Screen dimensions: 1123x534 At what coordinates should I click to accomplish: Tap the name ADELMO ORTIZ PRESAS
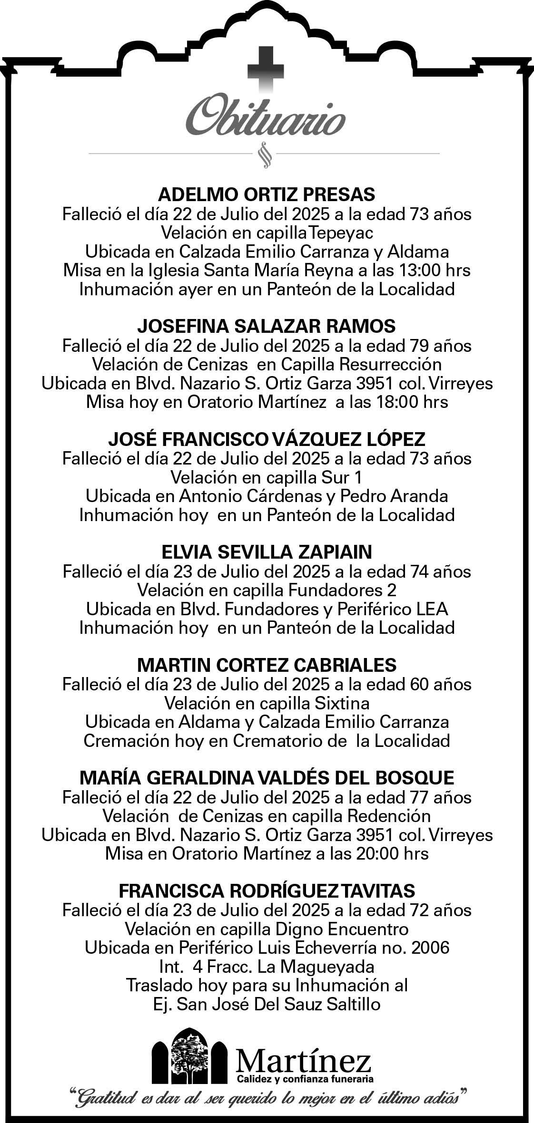[267, 194]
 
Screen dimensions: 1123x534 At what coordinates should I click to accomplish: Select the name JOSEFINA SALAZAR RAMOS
[267, 326]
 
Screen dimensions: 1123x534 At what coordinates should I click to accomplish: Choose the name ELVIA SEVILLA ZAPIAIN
[267, 552]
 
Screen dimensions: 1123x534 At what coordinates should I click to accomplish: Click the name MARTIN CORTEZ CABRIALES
[267, 665]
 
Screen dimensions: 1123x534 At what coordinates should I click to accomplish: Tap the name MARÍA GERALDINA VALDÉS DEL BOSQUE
[267, 778]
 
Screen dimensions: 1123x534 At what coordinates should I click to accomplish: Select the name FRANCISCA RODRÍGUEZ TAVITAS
[267, 891]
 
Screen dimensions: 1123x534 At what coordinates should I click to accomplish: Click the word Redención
[389, 816]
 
